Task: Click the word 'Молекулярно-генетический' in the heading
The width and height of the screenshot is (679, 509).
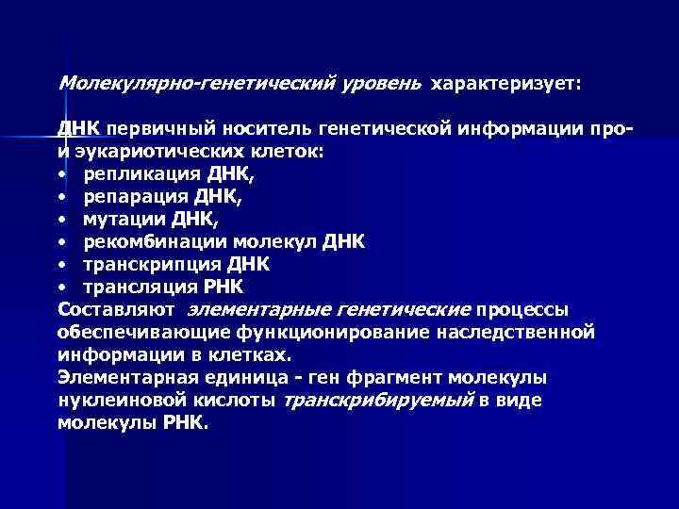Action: (x=194, y=84)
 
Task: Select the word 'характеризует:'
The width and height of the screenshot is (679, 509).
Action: (x=508, y=85)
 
